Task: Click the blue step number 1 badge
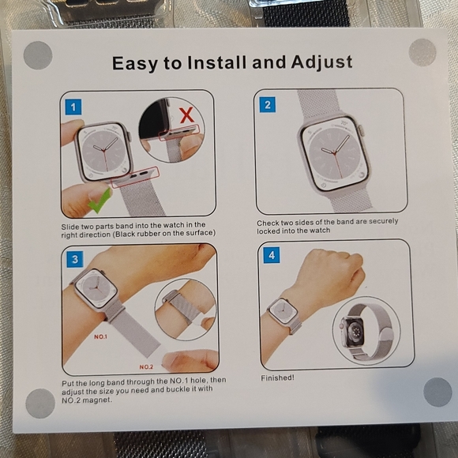[73, 107]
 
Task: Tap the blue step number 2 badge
[267, 104]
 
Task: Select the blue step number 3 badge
[75, 259]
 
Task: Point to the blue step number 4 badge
[272, 255]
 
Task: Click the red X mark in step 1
[187, 114]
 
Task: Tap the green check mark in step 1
[99, 201]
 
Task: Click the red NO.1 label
[100, 336]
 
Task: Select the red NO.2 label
[146, 367]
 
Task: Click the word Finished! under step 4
[277, 377]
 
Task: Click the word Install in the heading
[216, 62]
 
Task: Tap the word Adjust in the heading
[321, 63]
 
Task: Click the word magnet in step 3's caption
[96, 400]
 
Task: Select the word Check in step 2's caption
[268, 223]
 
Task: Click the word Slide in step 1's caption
[70, 227]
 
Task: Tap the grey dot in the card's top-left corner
[38, 55]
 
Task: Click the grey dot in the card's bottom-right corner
[437, 392]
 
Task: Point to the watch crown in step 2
[361, 130]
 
